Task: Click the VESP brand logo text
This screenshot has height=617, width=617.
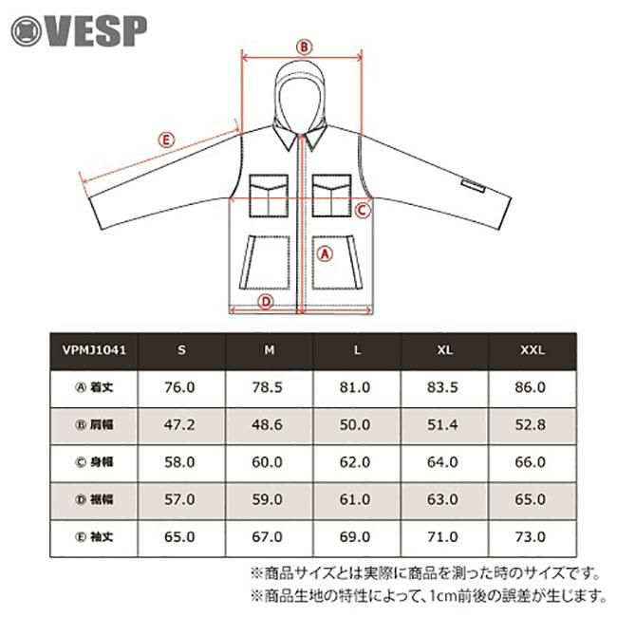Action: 97,31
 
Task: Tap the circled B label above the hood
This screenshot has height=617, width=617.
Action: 304,47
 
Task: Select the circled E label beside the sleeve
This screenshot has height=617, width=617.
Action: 166,140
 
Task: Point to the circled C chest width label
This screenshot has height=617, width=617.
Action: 363,211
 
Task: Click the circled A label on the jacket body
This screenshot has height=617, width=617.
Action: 325,254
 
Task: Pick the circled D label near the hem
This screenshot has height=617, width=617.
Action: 266,302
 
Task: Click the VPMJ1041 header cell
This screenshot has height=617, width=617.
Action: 94,350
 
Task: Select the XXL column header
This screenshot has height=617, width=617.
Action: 533,350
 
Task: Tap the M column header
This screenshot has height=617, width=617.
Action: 270,350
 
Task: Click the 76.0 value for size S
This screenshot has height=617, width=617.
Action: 179,387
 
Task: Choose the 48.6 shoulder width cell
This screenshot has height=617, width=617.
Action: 267,425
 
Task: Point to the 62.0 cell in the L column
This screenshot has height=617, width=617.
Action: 355,462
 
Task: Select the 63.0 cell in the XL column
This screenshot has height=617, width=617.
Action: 442,499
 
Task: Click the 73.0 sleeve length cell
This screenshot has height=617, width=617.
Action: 531,536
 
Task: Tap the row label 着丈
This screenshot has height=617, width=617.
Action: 102,387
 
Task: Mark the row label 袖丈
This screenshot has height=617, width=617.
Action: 102,536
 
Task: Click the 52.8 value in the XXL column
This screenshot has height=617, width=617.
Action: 531,425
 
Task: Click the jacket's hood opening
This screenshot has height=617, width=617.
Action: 300,103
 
